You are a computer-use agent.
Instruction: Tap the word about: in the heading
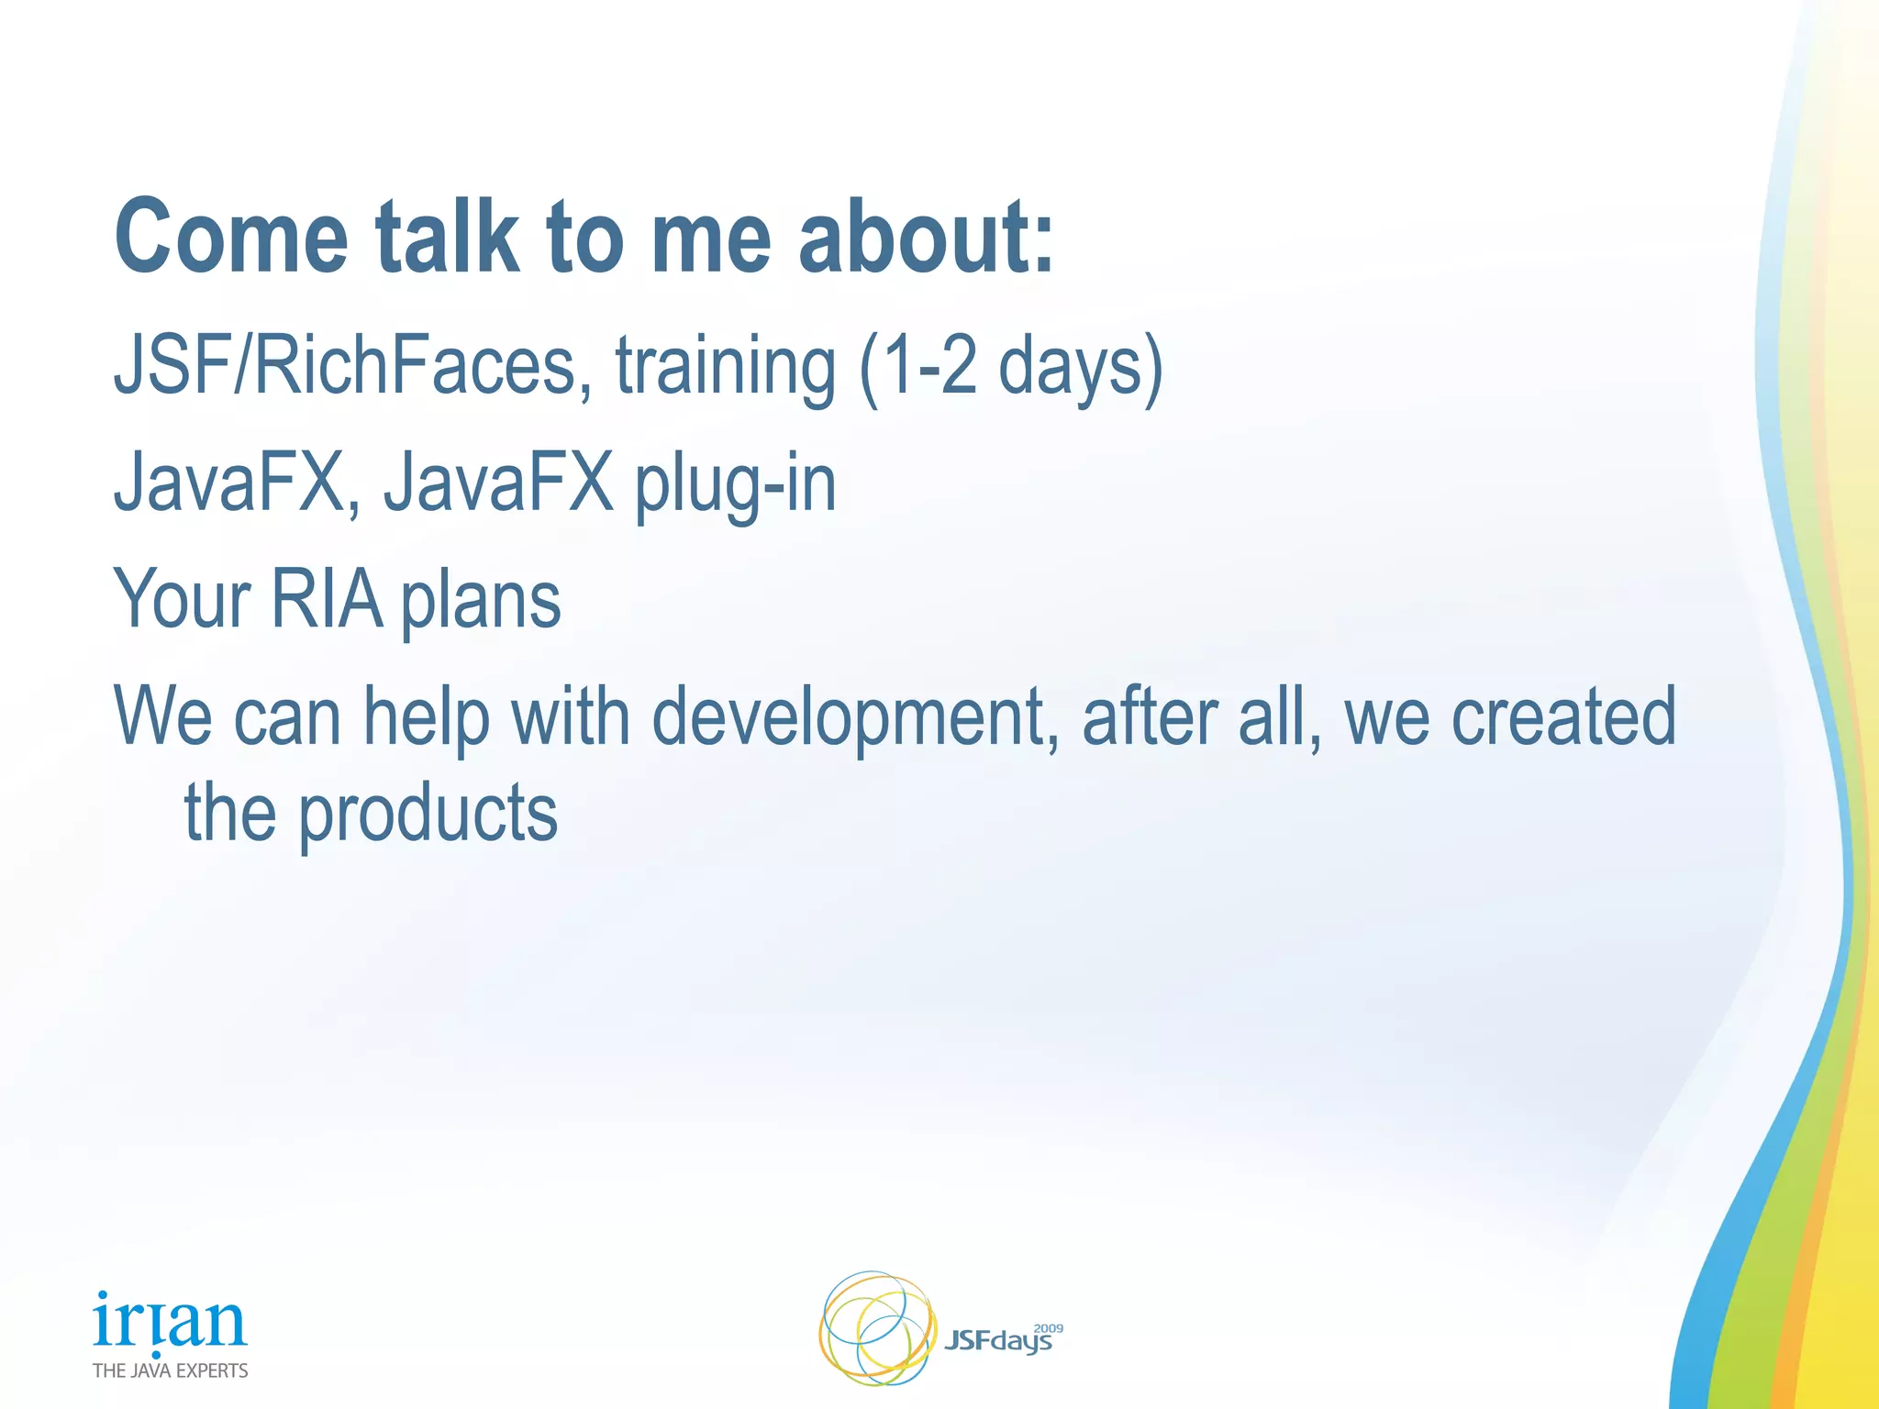coord(927,237)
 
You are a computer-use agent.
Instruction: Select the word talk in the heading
coord(447,237)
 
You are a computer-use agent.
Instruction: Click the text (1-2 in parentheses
coord(917,367)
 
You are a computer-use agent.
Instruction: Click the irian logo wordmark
coord(170,1322)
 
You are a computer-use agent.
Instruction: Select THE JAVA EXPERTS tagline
coord(170,1370)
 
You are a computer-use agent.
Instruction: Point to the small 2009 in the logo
coord(1048,1327)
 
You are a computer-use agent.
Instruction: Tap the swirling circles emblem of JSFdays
coord(876,1327)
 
